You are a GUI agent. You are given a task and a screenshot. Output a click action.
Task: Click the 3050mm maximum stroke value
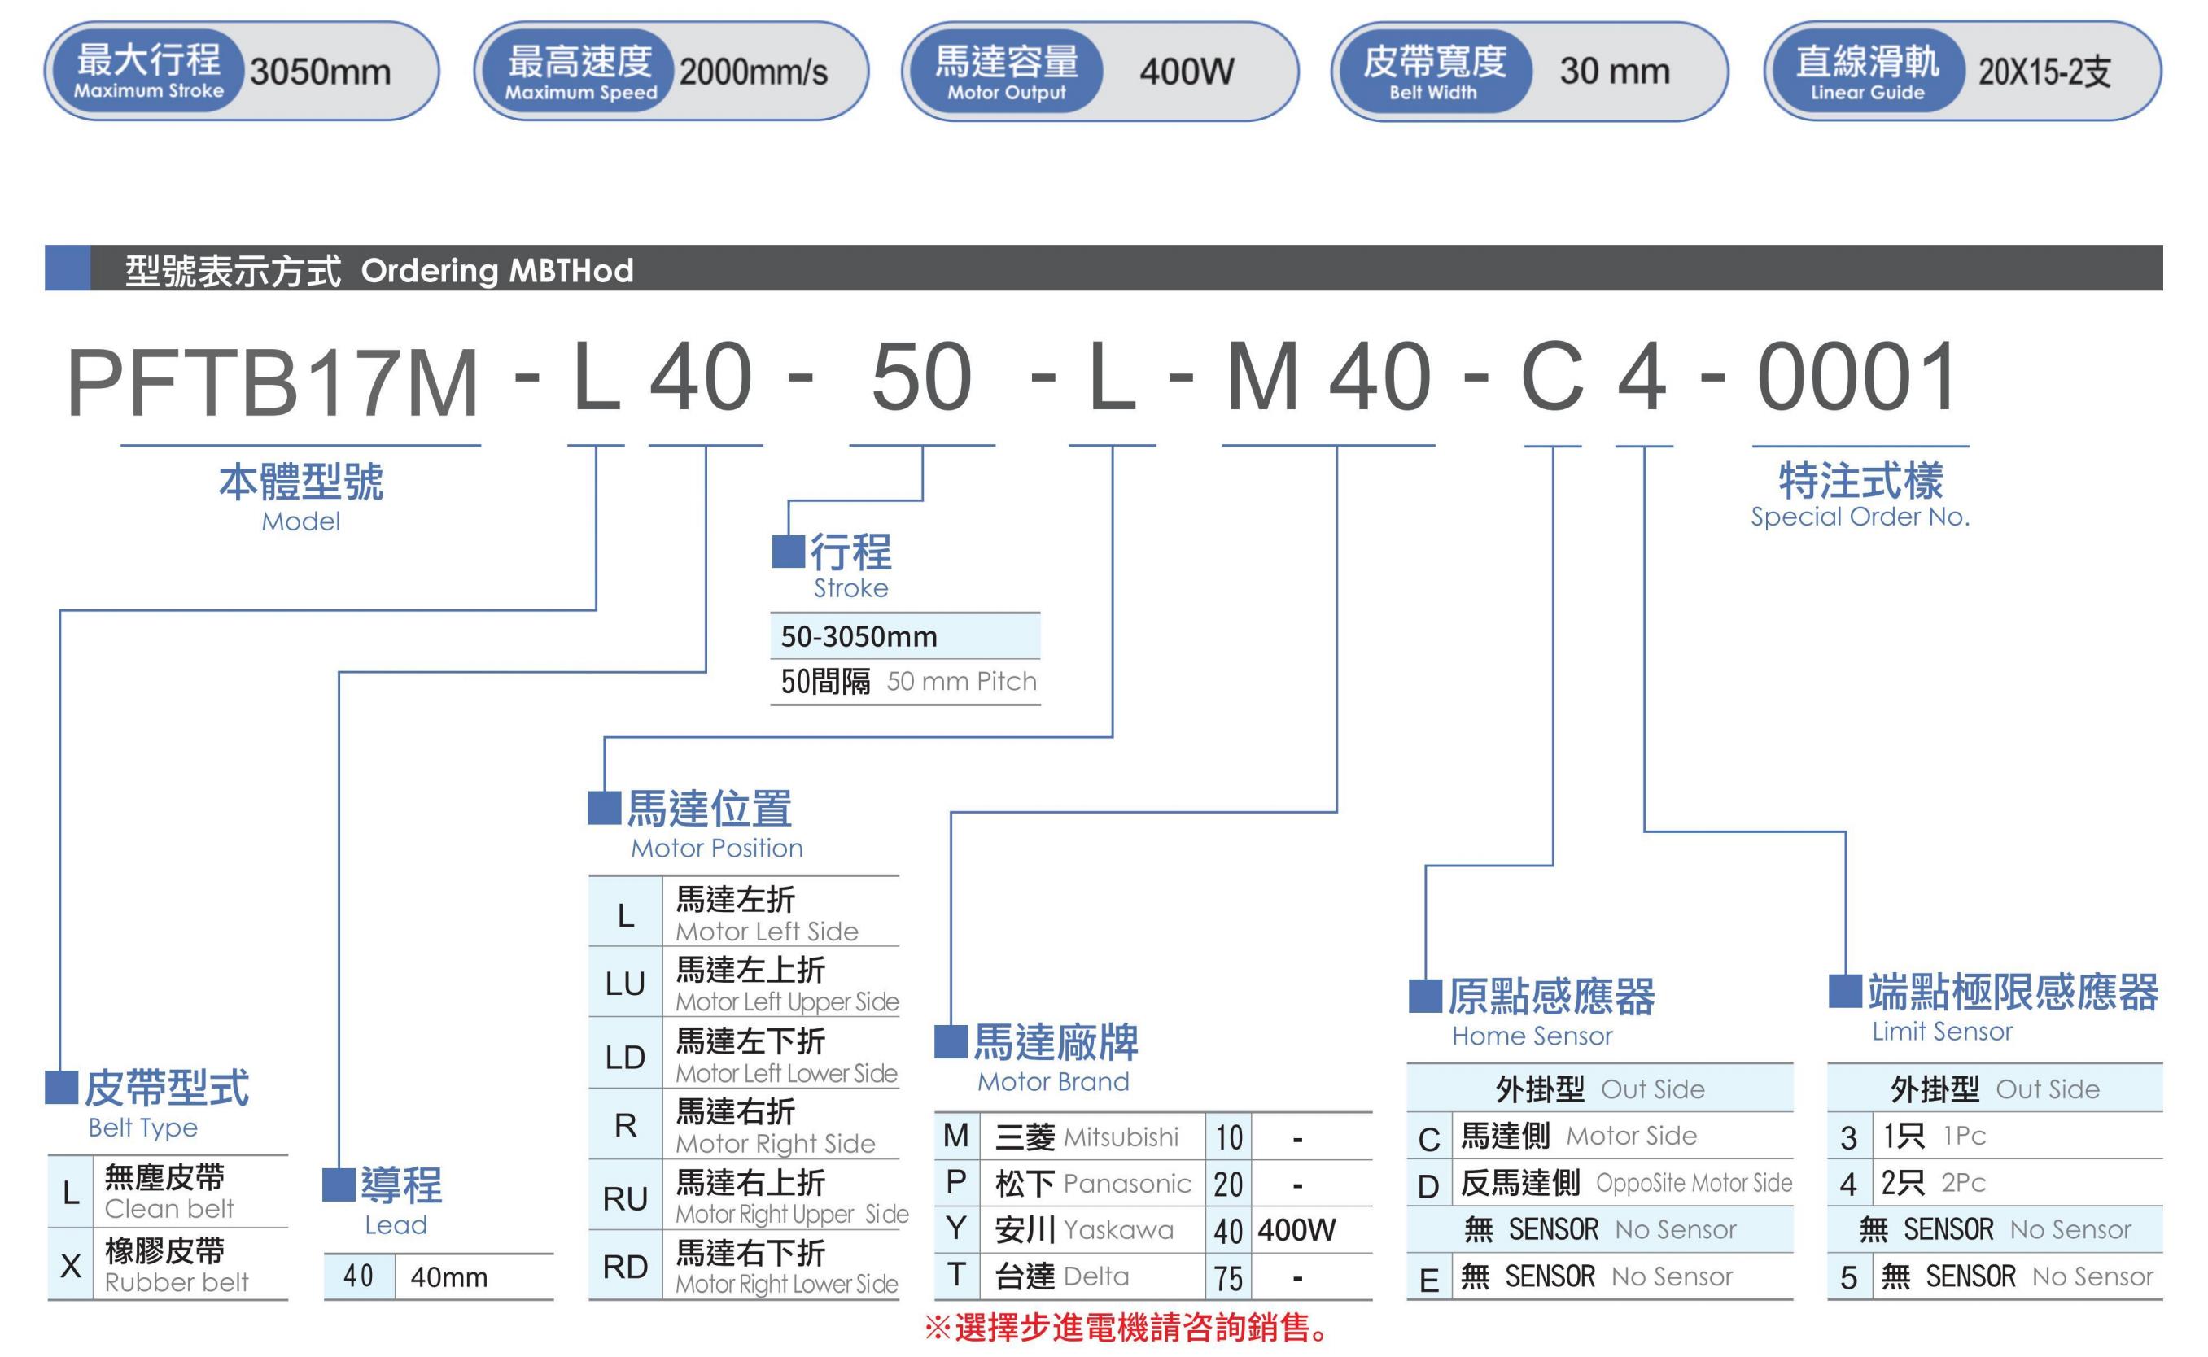[x=321, y=72]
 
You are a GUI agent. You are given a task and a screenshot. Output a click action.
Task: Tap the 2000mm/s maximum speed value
[x=753, y=72]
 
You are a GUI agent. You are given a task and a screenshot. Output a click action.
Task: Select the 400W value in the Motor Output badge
[x=1187, y=72]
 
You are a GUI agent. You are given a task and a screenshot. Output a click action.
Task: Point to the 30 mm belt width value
[x=1615, y=71]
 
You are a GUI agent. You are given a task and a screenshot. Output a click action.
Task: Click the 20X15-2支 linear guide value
[x=2044, y=72]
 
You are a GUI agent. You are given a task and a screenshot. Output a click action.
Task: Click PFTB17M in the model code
[x=273, y=381]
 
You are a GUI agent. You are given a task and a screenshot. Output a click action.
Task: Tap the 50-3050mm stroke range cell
[x=859, y=636]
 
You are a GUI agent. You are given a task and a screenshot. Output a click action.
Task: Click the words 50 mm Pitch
[x=961, y=681]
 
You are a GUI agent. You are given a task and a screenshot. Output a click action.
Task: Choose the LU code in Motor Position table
[x=625, y=984]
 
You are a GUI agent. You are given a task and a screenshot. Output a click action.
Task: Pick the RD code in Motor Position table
[x=625, y=1267]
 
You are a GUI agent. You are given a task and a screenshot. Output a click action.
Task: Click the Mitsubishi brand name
[x=1121, y=1137]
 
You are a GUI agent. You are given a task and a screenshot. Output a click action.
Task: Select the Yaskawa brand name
[x=1118, y=1229]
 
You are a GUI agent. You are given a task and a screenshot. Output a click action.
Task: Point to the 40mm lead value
[x=448, y=1277]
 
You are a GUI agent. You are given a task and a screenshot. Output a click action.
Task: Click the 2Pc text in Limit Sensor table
[x=1964, y=1183]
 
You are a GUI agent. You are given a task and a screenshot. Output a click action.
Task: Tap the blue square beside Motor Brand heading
[x=951, y=1041]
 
